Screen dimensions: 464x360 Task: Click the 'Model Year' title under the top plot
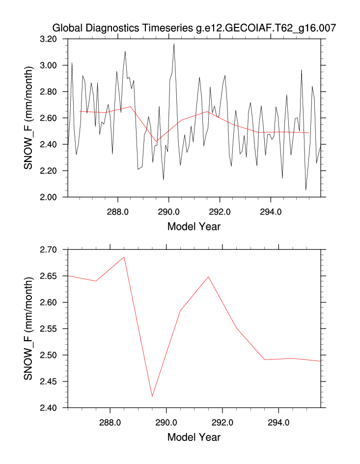[194, 227]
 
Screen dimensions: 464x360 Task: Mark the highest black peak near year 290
[174, 44]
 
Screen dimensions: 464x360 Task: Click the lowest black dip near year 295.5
[305, 190]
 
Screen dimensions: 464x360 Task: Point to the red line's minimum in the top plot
[156, 141]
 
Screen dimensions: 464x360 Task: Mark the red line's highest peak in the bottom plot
[124, 257]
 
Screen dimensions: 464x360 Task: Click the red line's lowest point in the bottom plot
[152, 396]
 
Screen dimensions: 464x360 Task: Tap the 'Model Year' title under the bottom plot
[194, 437]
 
